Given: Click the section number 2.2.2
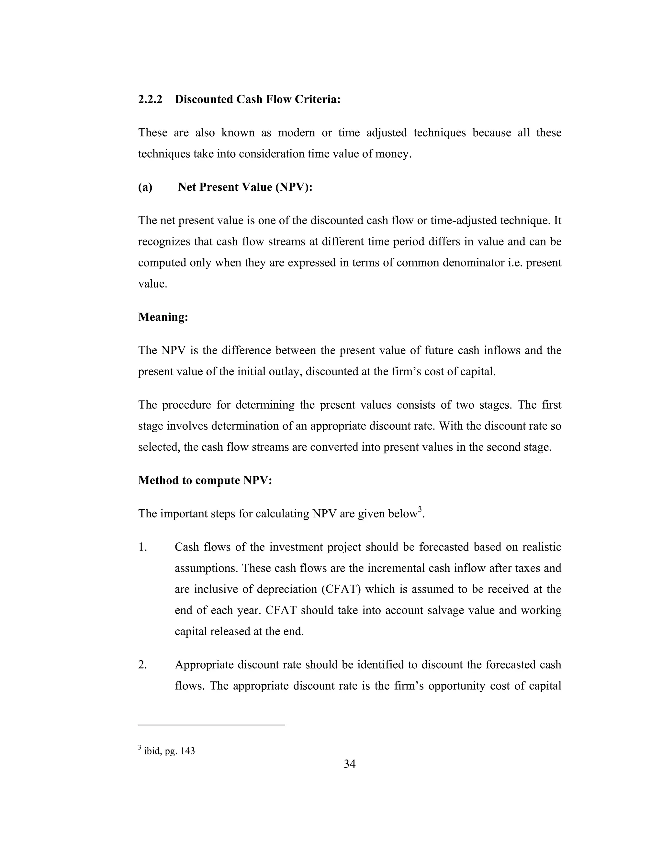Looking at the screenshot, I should coord(150,99).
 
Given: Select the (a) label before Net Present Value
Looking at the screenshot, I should coord(145,187).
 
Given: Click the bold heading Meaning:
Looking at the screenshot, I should coord(163,317).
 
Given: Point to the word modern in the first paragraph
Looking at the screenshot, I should coord(296,133).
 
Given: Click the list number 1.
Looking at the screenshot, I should coord(142,547).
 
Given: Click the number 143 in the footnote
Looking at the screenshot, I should coord(188,751).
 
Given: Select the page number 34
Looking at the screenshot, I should coord(350,764).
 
